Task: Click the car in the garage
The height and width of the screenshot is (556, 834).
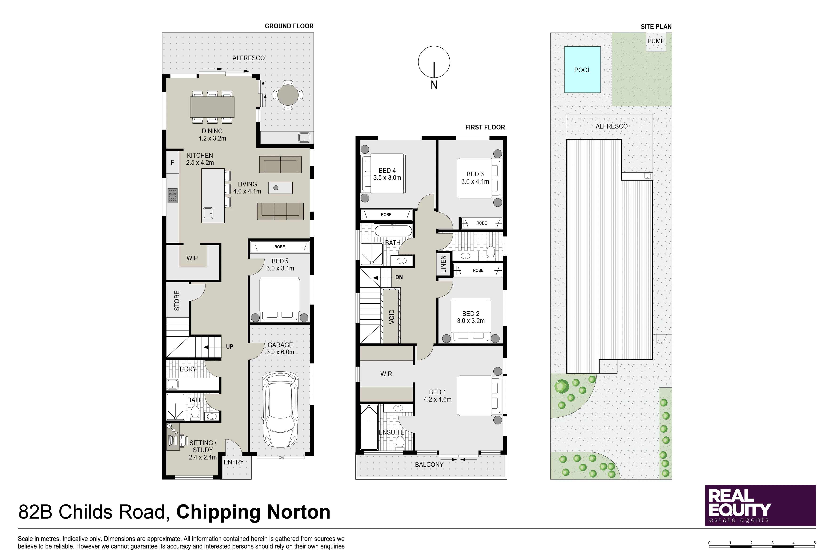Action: point(280,410)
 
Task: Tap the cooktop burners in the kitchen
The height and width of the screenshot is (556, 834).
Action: point(173,196)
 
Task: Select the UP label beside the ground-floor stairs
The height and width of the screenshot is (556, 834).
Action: point(230,347)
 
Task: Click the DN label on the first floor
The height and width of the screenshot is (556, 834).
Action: point(399,277)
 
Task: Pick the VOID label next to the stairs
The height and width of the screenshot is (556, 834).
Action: point(391,317)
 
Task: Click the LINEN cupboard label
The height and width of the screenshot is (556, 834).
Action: point(443,264)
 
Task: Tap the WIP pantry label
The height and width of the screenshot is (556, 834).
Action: point(192,258)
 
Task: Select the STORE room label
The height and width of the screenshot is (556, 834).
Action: point(177,301)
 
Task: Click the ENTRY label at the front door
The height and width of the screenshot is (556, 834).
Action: point(234,462)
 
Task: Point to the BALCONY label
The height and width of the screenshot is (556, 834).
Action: point(429,464)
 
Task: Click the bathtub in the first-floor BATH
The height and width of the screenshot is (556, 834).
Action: point(394,231)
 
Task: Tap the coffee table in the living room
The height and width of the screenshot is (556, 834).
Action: point(281,188)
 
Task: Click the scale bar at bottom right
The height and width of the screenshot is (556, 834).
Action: point(762,545)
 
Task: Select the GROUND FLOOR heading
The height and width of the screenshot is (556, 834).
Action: point(289,26)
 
